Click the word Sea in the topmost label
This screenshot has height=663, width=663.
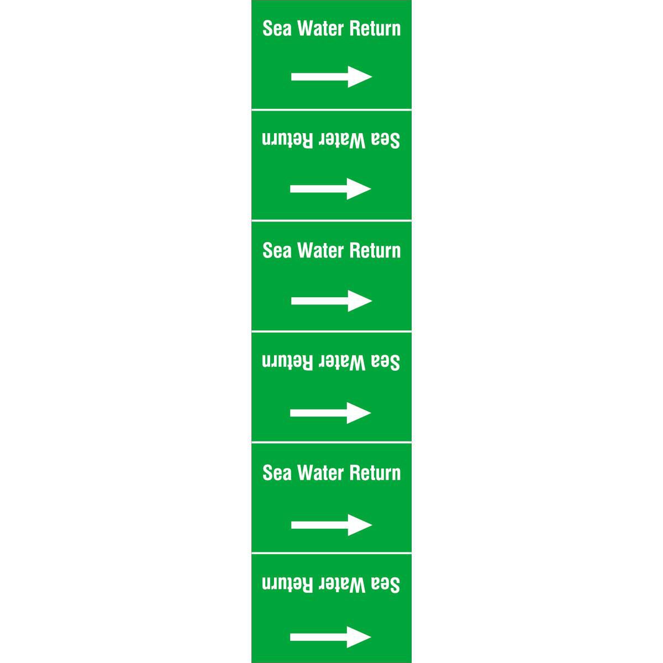pyautogui.click(x=277, y=28)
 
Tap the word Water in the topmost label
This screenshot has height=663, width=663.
pyautogui.click(x=322, y=28)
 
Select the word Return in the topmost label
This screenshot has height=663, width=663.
pyautogui.click(x=375, y=28)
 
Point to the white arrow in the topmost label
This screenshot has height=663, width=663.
pyautogui.click(x=331, y=77)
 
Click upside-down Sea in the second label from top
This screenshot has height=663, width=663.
pyautogui.click(x=386, y=140)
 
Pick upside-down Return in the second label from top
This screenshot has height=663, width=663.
pyautogui.click(x=288, y=140)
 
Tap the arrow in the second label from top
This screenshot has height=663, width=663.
pyautogui.click(x=330, y=188)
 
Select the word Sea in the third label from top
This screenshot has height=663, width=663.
pyautogui.click(x=277, y=250)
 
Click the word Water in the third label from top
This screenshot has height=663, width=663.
pyautogui.click(x=322, y=250)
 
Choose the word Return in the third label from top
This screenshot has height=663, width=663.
pyautogui.click(x=375, y=250)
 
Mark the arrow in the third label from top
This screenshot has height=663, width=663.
pyautogui.click(x=331, y=301)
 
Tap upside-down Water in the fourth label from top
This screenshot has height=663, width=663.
pyautogui.click(x=341, y=362)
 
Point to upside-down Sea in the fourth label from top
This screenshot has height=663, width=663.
pyautogui.click(x=386, y=362)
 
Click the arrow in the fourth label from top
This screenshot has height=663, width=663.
pyautogui.click(x=330, y=413)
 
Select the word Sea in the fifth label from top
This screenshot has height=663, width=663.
pyautogui.click(x=277, y=472)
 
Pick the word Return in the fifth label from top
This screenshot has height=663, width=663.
pyautogui.click(x=375, y=472)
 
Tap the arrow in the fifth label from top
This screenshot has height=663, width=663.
pyautogui.click(x=331, y=525)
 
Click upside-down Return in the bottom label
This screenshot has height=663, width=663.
pyautogui.click(x=288, y=585)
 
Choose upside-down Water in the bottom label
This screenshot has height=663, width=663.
pyautogui.click(x=341, y=585)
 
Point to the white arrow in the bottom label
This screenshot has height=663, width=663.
pyautogui.click(x=330, y=637)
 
